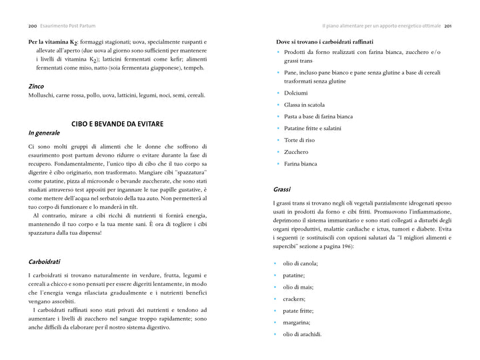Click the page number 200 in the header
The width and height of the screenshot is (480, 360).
[32, 26]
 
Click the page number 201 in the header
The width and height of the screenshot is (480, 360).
[448, 26]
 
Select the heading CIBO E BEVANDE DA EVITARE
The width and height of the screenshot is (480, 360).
[117, 124]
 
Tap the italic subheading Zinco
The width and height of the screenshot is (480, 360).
[36, 86]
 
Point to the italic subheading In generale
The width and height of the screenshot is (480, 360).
[44, 133]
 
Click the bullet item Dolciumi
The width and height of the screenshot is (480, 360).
[296, 93]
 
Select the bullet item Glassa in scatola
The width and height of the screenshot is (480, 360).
[304, 105]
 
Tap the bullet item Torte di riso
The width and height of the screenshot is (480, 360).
[300, 140]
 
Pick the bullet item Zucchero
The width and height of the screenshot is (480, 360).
[296, 152]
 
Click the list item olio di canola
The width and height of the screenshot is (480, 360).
[301, 263]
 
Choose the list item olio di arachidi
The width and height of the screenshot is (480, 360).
[303, 334]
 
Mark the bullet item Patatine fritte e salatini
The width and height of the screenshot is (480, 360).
[312, 128]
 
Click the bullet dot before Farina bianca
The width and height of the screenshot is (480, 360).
[277, 164]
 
